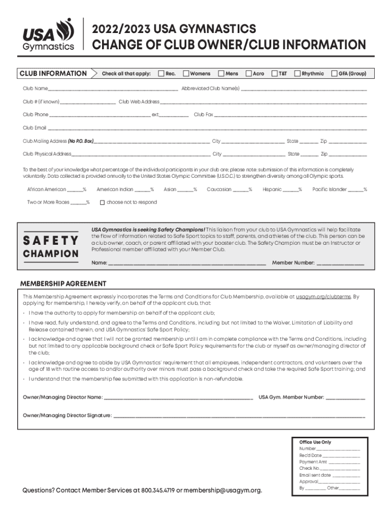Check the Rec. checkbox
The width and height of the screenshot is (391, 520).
pos(161,74)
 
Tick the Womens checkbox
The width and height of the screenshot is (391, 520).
pos(186,74)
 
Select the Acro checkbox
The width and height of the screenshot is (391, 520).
pos(249,74)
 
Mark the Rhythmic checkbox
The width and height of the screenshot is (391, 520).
pos(298,74)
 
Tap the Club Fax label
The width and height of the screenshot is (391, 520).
pos(203,115)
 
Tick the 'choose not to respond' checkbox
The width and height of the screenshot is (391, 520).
pos(102,203)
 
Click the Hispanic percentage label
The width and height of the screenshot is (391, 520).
pos(272,189)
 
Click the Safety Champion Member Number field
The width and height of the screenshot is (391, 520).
pos(340,264)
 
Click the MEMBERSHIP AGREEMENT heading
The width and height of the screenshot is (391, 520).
pos(63,283)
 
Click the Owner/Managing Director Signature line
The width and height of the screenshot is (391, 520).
pos(239,416)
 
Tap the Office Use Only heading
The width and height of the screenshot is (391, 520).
pos(315,442)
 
